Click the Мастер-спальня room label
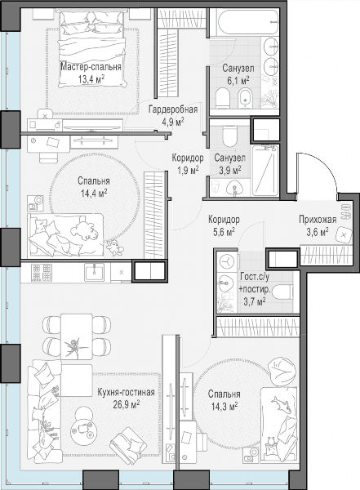click(x=91, y=67)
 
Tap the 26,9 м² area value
click(x=127, y=405)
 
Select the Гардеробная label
click(x=173, y=109)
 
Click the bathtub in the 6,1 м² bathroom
click(x=247, y=23)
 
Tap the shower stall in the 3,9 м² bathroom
click(x=265, y=171)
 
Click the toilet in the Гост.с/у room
click(x=282, y=292)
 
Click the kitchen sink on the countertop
click(x=94, y=272)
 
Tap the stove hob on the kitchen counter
click(x=42, y=272)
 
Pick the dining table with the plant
click(x=77, y=336)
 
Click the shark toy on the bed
click(x=282, y=405)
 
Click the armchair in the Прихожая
click(x=344, y=235)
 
